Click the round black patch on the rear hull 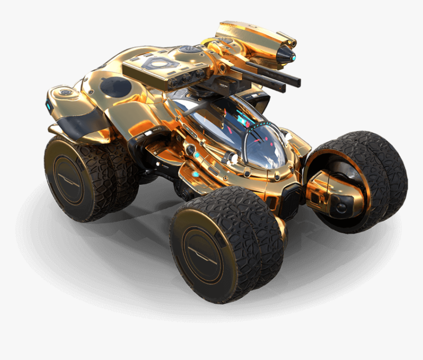tap(116, 87)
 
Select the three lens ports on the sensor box tap(189, 76)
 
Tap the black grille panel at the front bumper tap(290, 199)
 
